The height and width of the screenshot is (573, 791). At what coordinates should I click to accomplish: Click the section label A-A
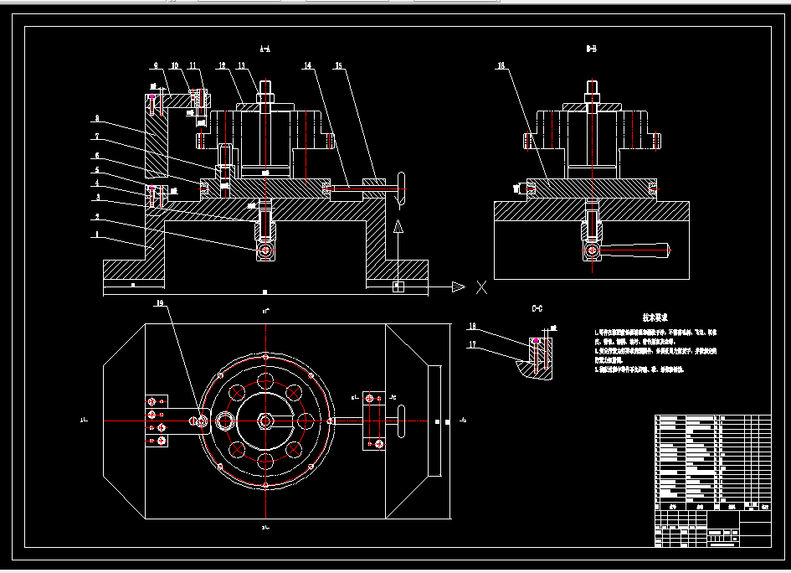click(x=265, y=49)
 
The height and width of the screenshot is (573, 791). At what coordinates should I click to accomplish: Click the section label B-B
click(x=591, y=49)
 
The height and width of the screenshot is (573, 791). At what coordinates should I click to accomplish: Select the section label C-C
click(x=537, y=309)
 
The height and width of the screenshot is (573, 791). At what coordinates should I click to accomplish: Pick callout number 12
click(x=223, y=65)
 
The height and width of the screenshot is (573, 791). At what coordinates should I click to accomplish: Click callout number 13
click(x=241, y=65)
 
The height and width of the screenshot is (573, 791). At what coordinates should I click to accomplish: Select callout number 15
click(x=338, y=65)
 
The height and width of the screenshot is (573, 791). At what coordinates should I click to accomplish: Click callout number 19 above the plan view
click(x=159, y=303)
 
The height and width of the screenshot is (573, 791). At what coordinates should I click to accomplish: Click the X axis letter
click(x=481, y=287)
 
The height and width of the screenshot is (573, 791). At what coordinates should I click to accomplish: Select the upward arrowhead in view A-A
click(x=399, y=226)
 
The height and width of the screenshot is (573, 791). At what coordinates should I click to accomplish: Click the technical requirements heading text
click(x=655, y=318)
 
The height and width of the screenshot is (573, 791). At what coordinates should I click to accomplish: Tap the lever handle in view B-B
click(x=640, y=249)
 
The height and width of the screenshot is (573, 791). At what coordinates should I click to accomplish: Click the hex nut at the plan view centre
click(x=265, y=420)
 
